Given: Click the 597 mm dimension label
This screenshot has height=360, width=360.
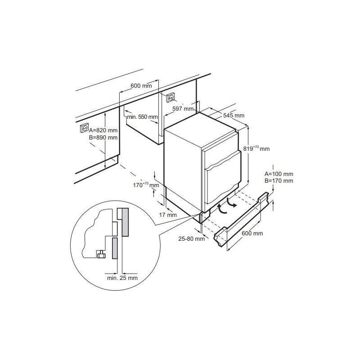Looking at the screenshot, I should (182, 109).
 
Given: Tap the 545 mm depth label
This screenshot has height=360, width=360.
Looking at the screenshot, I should (234, 116).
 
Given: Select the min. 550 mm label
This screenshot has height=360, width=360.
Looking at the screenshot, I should (142, 117).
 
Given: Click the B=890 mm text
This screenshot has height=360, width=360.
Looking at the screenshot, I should (103, 137).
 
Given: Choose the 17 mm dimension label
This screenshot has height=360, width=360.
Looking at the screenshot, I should (168, 215).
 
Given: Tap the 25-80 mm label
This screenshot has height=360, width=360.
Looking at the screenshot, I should (191, 238).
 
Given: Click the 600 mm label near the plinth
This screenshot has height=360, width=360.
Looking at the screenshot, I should (252, 233).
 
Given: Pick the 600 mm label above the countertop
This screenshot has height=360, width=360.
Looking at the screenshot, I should (141, 85).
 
